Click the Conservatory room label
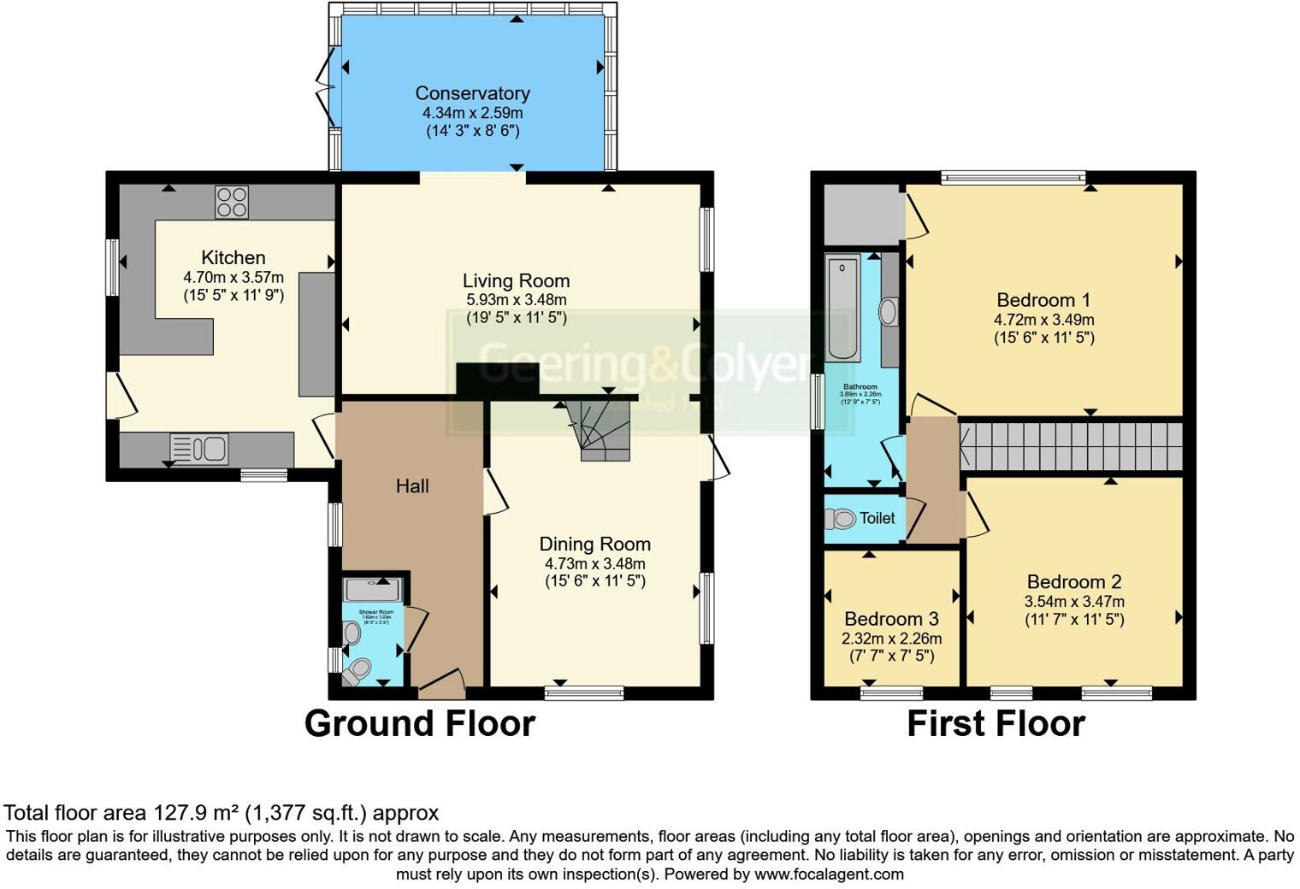click(x=472, y=93)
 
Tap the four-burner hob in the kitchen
click(x=232, y=203)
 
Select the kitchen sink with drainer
click(x=199, y=448)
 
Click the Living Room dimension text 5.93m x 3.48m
click(x=516, y=300)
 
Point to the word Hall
click(x=412, y=486)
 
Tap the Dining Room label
click(x=594, y=545)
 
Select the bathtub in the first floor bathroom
click(x=843, y=308)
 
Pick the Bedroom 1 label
click(x=1043, y=300)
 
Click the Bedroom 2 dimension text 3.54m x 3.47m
click(x=1074, y=602)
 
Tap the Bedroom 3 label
click(x=891, y=619)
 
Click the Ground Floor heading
click(x=419, y=724)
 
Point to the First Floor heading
click(x=996, y=724)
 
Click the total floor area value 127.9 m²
click(x=196, y=812)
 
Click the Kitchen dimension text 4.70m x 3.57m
click(x=233, y=278)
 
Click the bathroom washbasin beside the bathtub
click(x=888, y=311)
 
